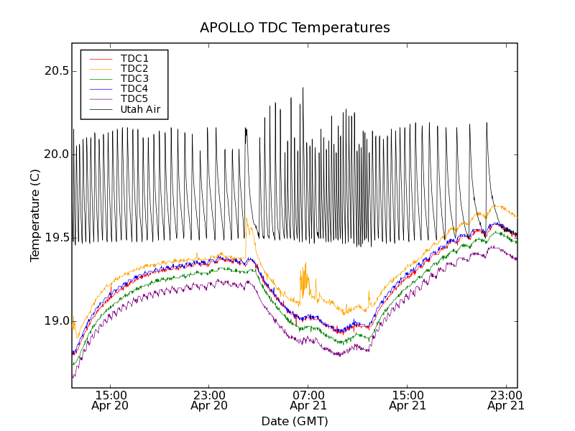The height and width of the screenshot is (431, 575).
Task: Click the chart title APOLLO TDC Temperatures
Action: click(x=295, y=28)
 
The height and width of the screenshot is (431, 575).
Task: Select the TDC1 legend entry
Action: click(x=134, y=58)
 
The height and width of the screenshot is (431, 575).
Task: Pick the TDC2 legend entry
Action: click(x=134, y=68)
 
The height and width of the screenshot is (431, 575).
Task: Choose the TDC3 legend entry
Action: click(x=134, y=78)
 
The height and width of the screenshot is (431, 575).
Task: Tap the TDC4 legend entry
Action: click(x=134, y=88)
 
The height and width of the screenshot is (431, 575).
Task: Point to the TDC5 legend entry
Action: click(x=134, y=98)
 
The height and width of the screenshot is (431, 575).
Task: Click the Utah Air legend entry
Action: click(x=140, y=109)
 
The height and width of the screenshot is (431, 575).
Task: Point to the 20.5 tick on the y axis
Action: click(x=55, y=71)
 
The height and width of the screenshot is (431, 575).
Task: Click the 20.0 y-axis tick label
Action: click(x=55, y=154)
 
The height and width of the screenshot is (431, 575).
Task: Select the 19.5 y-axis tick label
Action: click(x=55, y=238)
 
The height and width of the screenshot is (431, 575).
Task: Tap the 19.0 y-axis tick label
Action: click(x=55, y=321)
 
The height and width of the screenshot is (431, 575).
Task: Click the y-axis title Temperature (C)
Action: click(x=34, y=215)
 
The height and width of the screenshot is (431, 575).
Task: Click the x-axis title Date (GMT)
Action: click(x=295, y=421)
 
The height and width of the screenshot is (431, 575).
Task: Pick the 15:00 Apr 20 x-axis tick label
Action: click(x=111, y=400)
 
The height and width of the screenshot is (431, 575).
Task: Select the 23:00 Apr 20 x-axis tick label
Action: click(x=209, y=400)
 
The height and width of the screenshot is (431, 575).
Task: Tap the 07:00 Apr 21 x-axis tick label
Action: click(x=308, y=400)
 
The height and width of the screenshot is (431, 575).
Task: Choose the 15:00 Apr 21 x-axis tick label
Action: click(x=408, y=400)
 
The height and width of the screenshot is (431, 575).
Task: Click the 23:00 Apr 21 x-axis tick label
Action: click(x=506, y=400)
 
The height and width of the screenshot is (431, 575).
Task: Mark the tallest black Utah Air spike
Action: click(x=303, y=89)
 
